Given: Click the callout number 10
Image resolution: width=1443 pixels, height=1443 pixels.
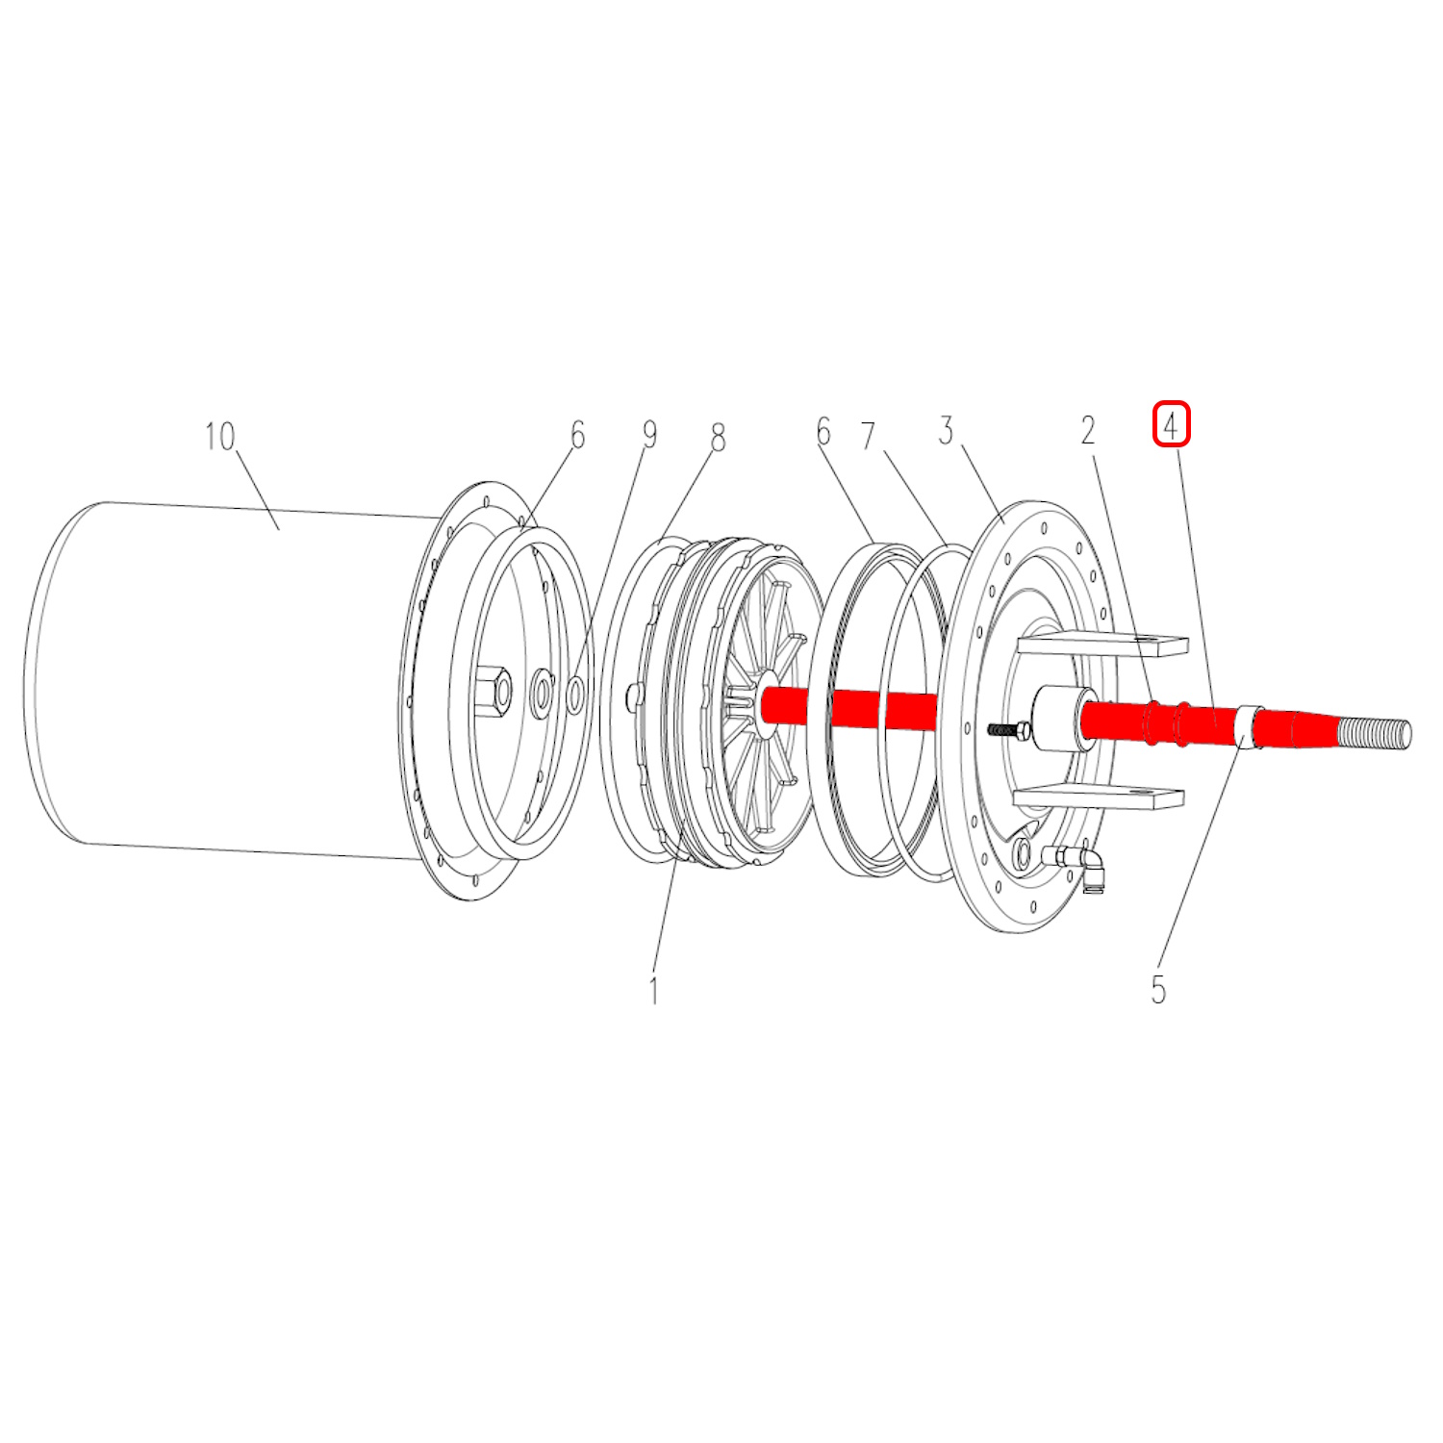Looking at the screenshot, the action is click(x=219, y=437).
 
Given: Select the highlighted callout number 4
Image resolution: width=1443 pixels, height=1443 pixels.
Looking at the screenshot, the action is click(x=1172, y=425).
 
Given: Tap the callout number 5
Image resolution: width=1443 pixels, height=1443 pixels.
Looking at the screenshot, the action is click(x=1158, y=990).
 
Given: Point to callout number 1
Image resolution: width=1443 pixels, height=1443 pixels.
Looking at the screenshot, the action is click(x=654, y=990).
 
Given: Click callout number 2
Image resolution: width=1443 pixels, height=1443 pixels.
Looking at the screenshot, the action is click(x=1088, y=430).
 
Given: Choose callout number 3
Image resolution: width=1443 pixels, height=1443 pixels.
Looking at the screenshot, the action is click(x=947, y=430).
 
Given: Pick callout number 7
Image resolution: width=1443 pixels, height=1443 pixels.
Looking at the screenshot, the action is click(x=869, y=436).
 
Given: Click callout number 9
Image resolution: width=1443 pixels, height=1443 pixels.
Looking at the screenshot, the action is click(x=649, y=434).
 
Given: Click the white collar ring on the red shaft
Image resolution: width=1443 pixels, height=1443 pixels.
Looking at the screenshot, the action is click(x=1248, y=728).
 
